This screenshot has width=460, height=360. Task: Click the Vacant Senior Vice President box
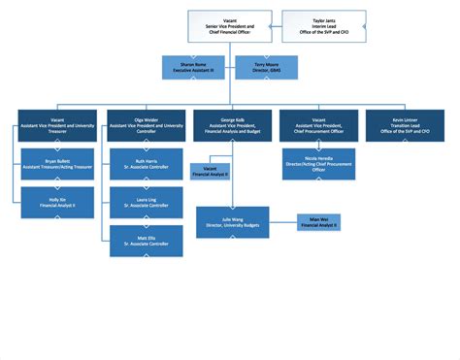point(229,26)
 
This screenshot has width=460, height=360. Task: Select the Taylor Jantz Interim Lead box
point(324,26)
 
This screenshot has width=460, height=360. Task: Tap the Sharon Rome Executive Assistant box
point(197,67)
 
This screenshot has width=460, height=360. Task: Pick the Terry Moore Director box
point(264,67)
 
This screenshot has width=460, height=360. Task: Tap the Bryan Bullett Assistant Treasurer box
point(57,164)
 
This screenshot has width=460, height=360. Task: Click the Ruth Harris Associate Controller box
point(147,164)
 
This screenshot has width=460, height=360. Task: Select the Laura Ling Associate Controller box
point(147,202)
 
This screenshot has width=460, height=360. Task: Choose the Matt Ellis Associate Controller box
point(147,240)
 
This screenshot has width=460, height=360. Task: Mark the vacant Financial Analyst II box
point(210,173)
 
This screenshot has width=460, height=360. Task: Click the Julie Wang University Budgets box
point(232,221)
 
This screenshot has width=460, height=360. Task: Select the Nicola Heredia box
point(319,164)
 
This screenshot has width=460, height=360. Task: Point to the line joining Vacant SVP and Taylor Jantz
point(276,26)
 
